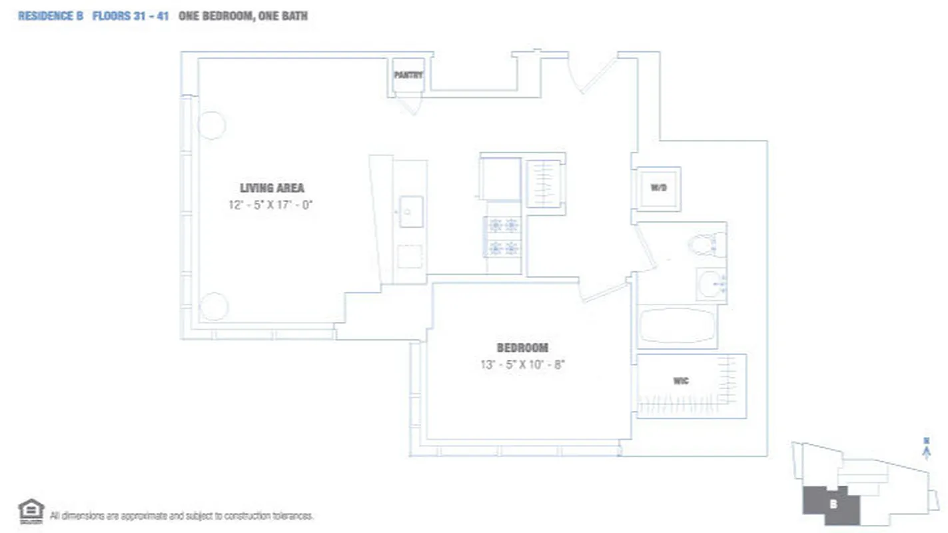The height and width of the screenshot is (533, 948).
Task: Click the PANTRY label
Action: click(408, 75)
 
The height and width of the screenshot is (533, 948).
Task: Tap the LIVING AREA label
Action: click(272, 188)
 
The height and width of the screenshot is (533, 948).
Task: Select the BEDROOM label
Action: click(522, 348)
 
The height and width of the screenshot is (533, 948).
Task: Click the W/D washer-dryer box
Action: click(658, 189)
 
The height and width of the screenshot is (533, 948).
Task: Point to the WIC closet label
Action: click(680, 381)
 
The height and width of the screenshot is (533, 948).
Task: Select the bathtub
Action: click(677, 326)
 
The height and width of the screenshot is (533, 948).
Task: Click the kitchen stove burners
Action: click(503, 237)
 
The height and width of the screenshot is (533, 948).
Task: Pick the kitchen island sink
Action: click(411, 211)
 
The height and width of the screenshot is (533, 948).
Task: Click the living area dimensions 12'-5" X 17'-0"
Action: click(270, 205)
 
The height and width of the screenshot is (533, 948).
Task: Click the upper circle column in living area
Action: click(212, 125)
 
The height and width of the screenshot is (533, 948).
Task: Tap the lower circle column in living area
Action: click(214, 306)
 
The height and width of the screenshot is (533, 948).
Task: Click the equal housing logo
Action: click(31, 511)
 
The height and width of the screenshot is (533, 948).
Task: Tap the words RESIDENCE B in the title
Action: click(51, 16)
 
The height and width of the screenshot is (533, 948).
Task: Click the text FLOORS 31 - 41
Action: click(130, 16)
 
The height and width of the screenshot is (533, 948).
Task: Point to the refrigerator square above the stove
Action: click(500, 178)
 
